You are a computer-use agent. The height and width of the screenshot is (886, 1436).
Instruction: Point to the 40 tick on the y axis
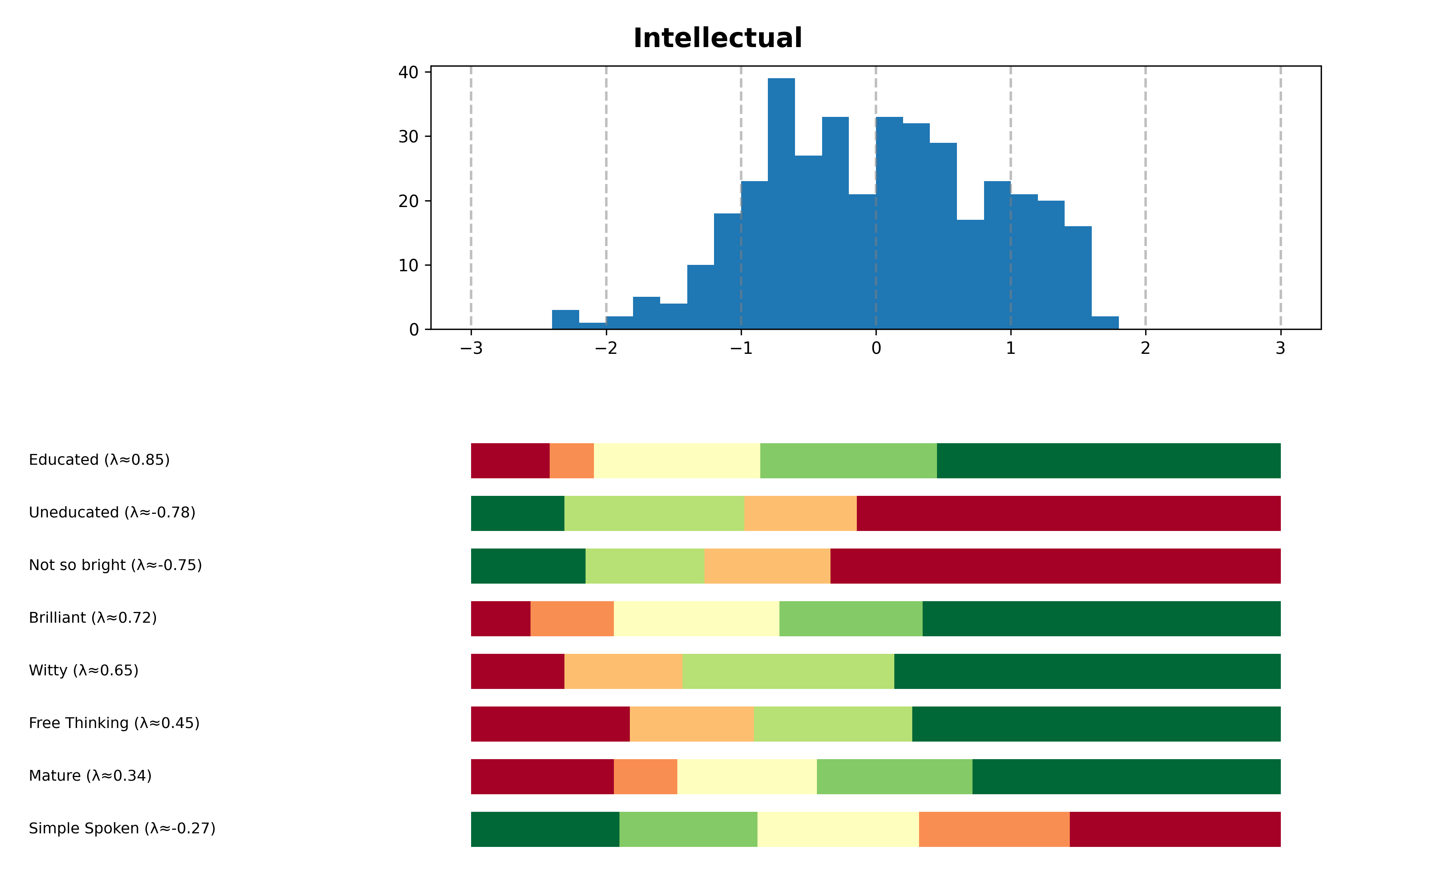pyautogui.click(x=408, y=73)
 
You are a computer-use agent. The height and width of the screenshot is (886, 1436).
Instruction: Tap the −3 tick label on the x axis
pyautogui.click(x=471, y=349)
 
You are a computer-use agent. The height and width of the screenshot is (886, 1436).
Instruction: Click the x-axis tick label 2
pyautogui.click(x=1145, y=349)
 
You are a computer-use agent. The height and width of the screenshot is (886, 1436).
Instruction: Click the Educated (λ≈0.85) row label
pyautogui.click(x=99, y=460)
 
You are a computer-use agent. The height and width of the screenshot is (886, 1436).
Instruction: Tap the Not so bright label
pyautogui.click(x=115, y=566)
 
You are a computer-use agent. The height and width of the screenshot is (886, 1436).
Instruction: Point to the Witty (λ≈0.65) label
pyautogui.click(x=84, y=670)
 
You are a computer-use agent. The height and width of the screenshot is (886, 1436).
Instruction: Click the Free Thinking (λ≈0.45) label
pyautogui.click(x=114, y=723)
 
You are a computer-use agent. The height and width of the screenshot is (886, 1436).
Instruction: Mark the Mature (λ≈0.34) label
pyautogui.click(x=90, y=776)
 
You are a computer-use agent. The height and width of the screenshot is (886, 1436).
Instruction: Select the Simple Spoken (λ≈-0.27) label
pyautogui.click(x=122, y=829)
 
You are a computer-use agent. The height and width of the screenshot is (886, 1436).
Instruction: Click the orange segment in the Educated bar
pyautogui.click(x=571, y=461)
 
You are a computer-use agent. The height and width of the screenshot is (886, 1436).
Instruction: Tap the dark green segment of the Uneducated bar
pyautogui.click(x=517, y=513)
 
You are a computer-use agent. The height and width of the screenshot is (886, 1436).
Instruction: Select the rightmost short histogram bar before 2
pyautogui.click(x=1105, y=323)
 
